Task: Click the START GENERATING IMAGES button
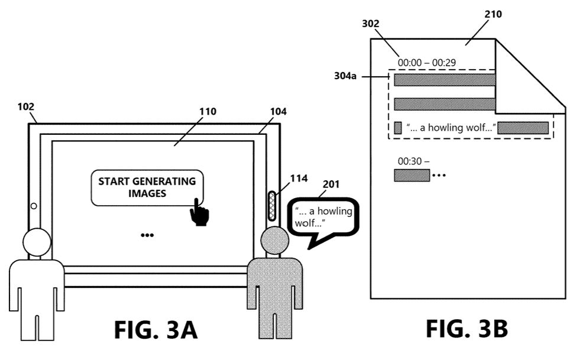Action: click(147, 187)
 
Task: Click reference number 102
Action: click(26, 107)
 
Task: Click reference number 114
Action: click(299, 179)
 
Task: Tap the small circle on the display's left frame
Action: click(34, 206)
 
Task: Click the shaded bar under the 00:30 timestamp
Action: click(412, 175)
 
